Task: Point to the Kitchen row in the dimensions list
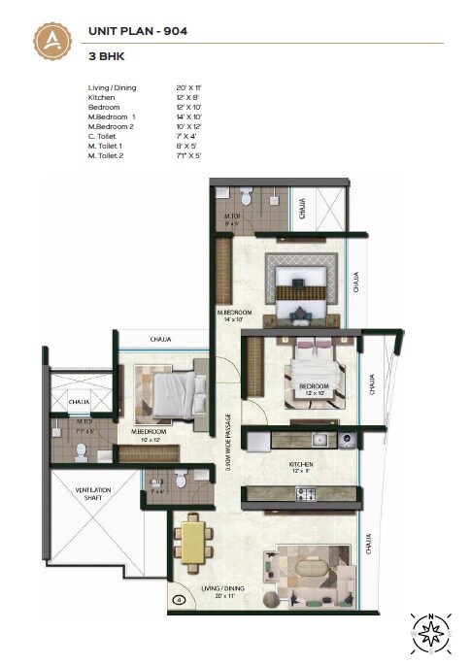(x=102, y=97)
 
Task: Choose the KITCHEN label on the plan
(x=299, y=465)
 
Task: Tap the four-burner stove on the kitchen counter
(x=304, y=495)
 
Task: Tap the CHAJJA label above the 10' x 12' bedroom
(x=161, y=339)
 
